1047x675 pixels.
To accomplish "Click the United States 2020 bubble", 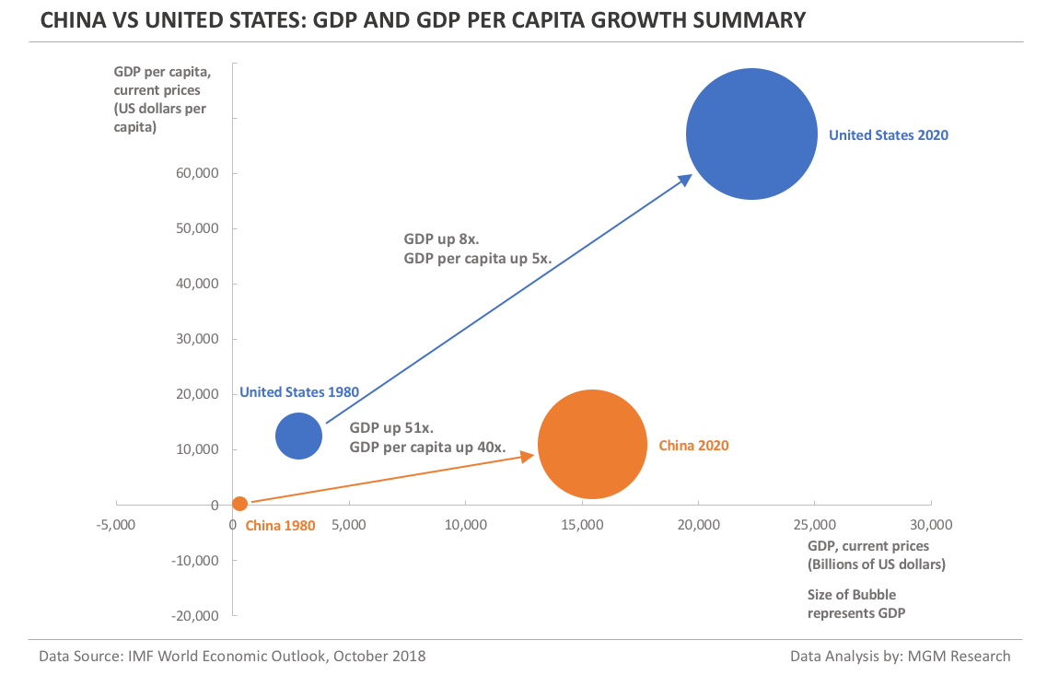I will pos(752,134).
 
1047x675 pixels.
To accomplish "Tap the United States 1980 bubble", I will pos(299,436).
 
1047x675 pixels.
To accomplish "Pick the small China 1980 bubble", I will pos(240,504).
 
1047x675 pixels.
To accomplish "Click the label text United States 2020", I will pos(888,135).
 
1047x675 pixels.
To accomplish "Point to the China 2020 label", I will pos(693,446).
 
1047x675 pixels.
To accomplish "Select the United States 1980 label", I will pos(299,392).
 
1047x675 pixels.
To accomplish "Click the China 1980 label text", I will pos(280,526).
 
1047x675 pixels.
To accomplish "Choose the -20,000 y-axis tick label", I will pos(195,615).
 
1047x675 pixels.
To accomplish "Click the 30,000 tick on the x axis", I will pos(931,525).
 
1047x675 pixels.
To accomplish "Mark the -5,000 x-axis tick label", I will pos(116,525).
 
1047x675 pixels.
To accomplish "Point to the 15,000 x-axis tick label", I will pos(582,525).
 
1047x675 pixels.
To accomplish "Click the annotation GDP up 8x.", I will pos(436,239).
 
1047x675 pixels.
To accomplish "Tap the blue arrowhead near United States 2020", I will pos(685,180).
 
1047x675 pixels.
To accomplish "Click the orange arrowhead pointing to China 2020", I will pos(528,455).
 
